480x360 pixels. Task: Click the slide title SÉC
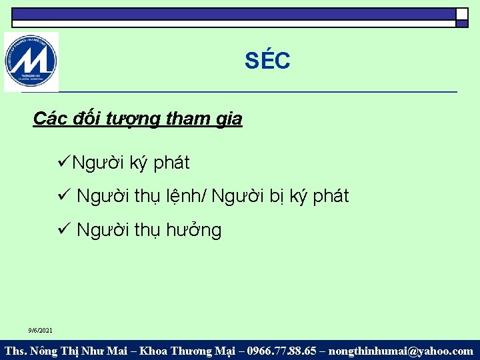[267, 61]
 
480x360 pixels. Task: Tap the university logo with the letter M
[31, 62]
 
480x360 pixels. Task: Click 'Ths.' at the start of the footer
[16, 351]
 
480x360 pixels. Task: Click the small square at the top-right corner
[461, 14]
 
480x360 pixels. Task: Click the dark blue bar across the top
[233, 13]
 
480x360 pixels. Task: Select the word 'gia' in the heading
[229, 119]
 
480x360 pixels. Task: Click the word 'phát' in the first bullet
[172, 162]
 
